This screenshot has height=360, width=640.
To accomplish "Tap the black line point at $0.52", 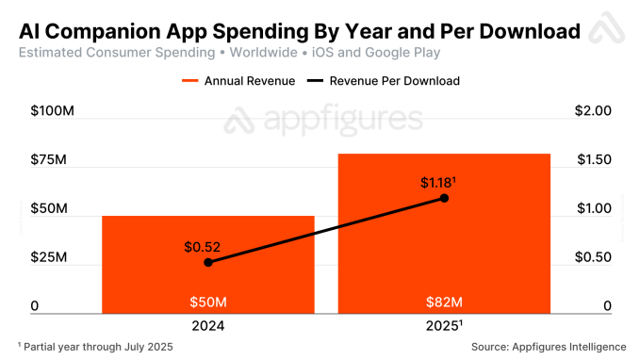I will pyautogui.click(x=207, y=262).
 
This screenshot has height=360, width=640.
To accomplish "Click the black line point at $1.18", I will pyautogui.click(x=444, y=198).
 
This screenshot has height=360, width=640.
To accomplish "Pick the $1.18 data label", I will pyautogui.click(x=439, y=181).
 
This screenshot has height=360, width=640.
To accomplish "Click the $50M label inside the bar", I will pyautogui.click(x=207, y=303).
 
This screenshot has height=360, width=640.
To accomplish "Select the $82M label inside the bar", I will pyautogui.click(x=443, y=303).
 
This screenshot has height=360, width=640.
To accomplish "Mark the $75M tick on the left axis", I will pyautogui.click(x=49, y=159).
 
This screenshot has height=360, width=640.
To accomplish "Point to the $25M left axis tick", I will pyautogui.click(x=49, y=257).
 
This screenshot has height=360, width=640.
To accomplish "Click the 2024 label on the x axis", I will pyautogui.click(x=207, y=327).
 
